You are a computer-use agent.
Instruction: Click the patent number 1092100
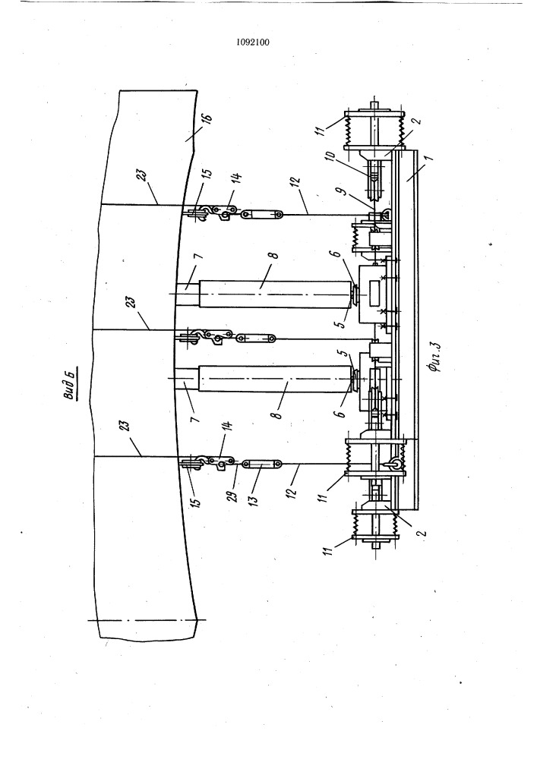[x=253, y=42]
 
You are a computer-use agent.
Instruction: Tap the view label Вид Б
[x=71, y=384]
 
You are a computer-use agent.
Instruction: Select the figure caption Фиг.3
[x=435, y=359]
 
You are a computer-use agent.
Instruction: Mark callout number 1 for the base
[x=428, y=159]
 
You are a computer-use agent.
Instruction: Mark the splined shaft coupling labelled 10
[x=374, y=182]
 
